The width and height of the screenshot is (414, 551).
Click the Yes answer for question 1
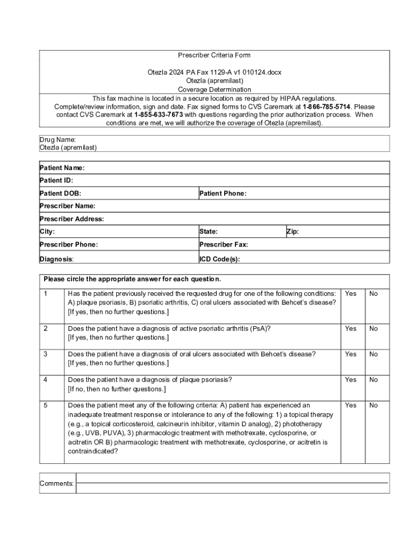pos(351,294)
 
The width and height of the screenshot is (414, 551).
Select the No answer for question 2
pos(373,328)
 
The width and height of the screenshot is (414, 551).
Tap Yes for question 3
pos(351,354)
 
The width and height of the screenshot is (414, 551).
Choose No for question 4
pos(373,380)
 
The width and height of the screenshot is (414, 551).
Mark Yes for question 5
pos(351,405)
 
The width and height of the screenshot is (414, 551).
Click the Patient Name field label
pos(62,168)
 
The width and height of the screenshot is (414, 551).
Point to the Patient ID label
pos(56,181)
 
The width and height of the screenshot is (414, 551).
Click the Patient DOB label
pos(61,193)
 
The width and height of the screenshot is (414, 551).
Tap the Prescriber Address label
pos(72,219)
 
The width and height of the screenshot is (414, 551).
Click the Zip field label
pos(292,232)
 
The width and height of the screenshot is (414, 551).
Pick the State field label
pos(209,232)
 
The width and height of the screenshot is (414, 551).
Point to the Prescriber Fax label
pos(224,245)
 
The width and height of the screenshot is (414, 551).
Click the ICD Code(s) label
pos(220,259)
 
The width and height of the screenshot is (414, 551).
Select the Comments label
pos(57,484)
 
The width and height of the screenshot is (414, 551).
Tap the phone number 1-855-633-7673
pos(159,115)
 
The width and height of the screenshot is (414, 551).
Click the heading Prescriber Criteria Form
pos(215,55)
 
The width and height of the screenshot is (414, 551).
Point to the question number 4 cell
pos(46,380)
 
